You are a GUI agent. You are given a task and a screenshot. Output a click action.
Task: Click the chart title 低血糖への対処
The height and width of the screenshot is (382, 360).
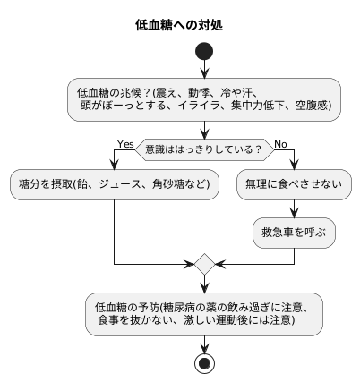tap(179, 25)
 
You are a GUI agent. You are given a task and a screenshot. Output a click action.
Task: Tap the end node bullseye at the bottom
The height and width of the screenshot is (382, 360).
tap(205, 362)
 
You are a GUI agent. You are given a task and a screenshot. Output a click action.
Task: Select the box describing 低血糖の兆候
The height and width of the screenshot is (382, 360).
tap(205, 98)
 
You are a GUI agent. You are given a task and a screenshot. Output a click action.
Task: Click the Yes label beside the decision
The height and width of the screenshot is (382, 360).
tap(125, 143)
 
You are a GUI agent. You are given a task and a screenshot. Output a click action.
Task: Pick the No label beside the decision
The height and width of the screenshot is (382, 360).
tap(280, 143)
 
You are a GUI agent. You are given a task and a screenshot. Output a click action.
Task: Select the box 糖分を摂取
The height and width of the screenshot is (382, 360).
tap(115, 185)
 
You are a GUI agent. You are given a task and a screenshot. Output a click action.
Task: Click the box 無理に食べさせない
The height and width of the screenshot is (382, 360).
tap(294, 185)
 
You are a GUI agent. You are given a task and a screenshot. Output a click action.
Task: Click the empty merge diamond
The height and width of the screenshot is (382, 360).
tap(205, 265)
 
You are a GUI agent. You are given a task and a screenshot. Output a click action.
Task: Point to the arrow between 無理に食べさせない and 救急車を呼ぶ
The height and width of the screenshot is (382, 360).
tap(294, 208)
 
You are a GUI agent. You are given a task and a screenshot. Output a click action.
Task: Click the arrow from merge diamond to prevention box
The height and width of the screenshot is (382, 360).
tap(205, 284)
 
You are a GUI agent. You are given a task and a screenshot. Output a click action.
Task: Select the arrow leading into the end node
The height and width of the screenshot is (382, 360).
tap(205, 344)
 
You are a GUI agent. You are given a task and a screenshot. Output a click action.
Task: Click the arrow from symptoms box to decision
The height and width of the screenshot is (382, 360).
tap(205, 128)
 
